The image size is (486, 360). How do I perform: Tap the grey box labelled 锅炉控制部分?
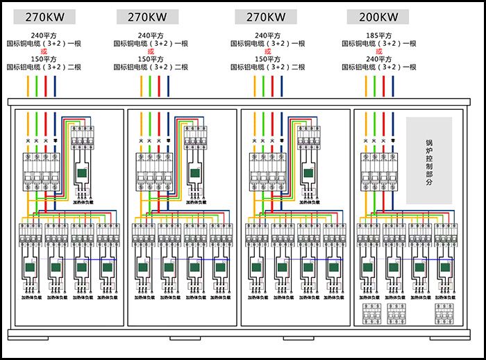(428, 161)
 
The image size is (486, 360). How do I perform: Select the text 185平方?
(378, 35)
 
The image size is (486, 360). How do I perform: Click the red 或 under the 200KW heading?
(378, 51)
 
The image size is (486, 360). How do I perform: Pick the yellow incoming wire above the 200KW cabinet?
(366, 85)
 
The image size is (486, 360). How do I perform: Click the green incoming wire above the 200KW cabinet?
(375, 85)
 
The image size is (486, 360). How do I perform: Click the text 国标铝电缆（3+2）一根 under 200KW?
(378, 67)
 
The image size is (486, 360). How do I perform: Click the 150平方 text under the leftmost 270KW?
(44, 59)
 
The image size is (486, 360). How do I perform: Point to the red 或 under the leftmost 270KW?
(44, 51)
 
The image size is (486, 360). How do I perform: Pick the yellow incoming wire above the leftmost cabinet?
(28, 85)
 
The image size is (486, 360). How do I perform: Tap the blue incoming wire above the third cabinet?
(281, 85)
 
